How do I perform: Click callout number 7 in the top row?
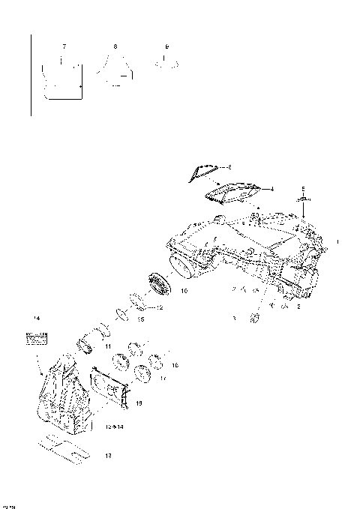coord(64,46)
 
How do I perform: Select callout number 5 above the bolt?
coord(302,188)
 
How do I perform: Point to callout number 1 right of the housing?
coord(338,242)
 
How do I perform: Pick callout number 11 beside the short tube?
coord(108,347)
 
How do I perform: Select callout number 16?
coord(174,365)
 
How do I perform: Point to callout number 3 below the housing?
coord(234,319)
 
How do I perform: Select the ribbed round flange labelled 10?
coord(160,284)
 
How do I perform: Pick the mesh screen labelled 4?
coord(232,193)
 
